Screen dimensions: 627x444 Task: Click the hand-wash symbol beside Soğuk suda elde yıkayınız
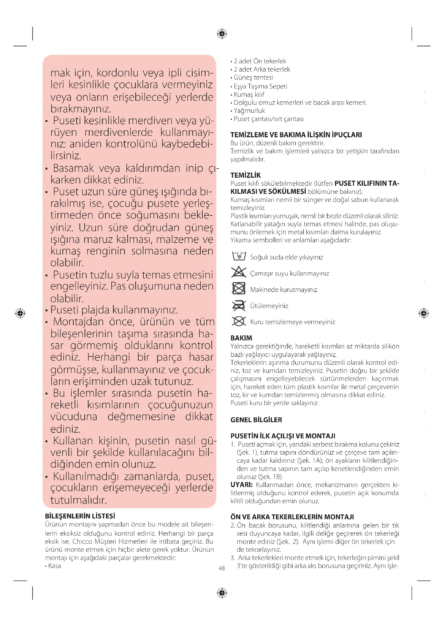(x=239, y=256)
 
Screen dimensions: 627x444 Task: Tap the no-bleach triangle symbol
(x=239, y=272)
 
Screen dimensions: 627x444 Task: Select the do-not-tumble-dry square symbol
(x=239, y=288)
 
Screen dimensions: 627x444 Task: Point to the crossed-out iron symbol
(x=239, y=305)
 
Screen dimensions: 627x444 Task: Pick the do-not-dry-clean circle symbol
(x=239, y=321)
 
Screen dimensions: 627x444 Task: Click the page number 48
(x=222, y=568)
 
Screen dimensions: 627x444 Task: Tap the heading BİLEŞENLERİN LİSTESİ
(x=80, y=516)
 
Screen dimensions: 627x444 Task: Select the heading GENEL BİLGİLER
(x=256, y=420)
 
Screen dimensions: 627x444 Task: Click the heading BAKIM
(x=241, y=338)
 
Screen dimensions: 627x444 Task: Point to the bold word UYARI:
(x=241, y=485)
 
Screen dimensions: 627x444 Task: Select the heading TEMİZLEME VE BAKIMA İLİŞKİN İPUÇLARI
(x=296, y=135)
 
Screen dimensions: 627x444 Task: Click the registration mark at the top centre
(x=222, y=34)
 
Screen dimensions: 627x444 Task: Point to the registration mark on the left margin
(x=20, y=313)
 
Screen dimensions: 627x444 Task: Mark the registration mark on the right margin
(x=424, y=313)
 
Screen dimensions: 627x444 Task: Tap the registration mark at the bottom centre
(x=222, y=593)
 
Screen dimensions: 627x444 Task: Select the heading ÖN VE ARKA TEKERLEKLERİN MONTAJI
(x=292, y=517)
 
